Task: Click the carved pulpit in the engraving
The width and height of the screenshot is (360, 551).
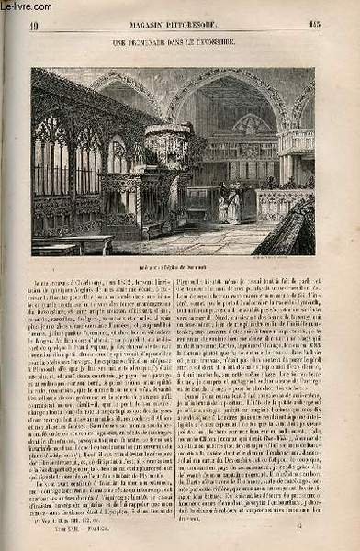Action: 170,152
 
